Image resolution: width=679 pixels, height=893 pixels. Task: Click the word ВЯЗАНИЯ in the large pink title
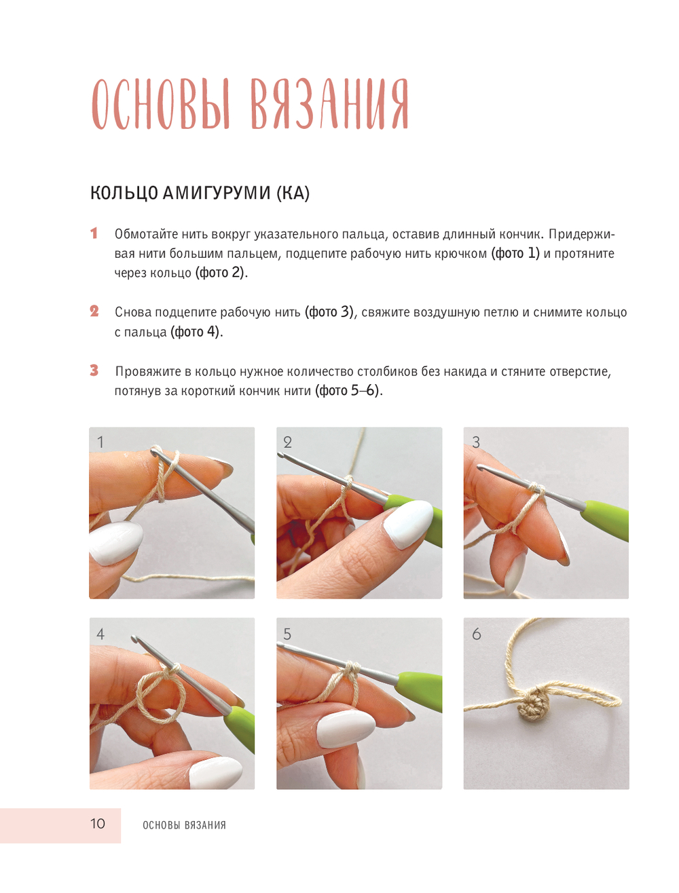[x=328, y=104]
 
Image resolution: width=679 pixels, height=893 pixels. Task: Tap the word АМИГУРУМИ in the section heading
[x=216, y=193]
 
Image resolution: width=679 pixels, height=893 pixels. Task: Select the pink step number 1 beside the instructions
[x=94, y=233]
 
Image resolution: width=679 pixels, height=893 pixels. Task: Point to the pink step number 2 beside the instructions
[x=94, y=311]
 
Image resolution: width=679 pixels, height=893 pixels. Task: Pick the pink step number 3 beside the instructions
[x=94, y=370]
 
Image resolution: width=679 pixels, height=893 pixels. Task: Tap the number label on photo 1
[x=100, y=442]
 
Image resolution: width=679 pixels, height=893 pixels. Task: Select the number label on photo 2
[x=287, y=442]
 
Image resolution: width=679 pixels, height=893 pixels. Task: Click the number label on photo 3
[x=476, y=442]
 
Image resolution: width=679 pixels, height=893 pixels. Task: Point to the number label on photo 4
[x=100, y=633]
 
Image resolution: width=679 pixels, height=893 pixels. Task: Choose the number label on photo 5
[x=287, y=633]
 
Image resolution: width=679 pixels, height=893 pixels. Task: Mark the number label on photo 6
[x=476, y=633]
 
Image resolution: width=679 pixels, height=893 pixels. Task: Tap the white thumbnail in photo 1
[x=115, y=542]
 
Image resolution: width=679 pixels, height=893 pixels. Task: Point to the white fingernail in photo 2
[x=408, y=524]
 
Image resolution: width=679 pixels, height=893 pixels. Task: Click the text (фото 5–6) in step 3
[x=349, y=391]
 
